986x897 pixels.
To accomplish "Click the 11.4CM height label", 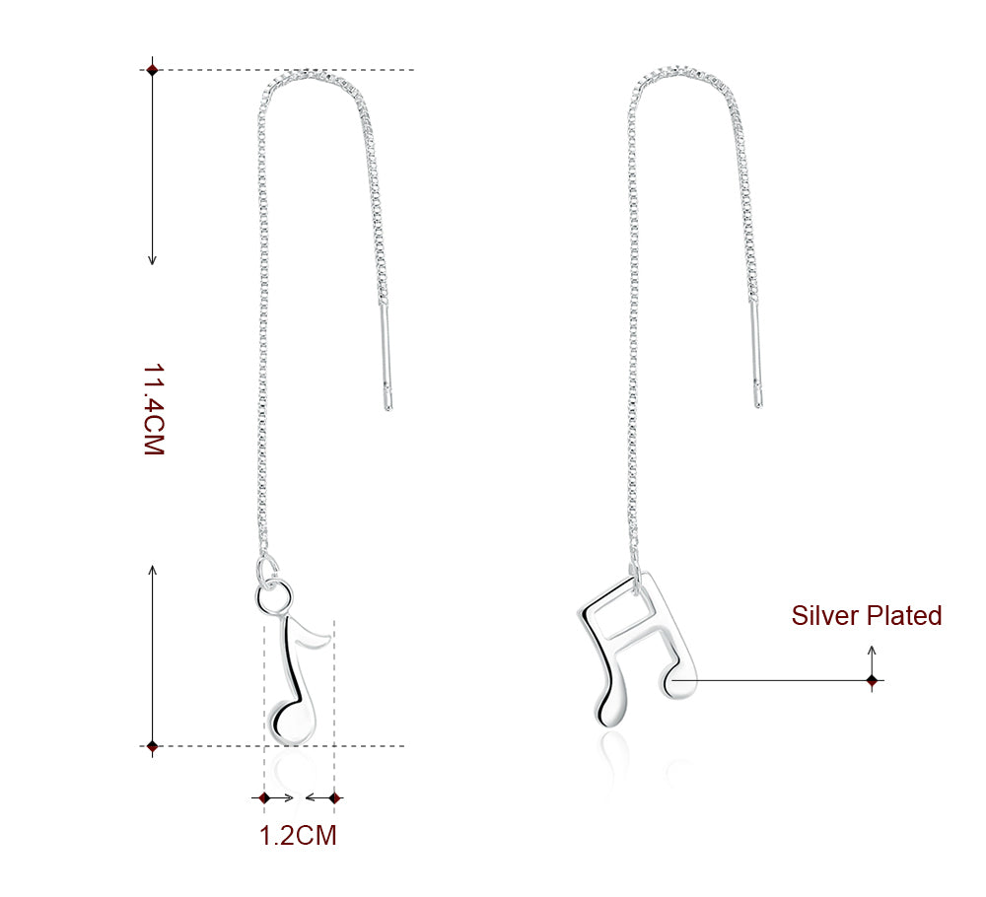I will [153, 409].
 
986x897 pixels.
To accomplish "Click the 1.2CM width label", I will [298, 836].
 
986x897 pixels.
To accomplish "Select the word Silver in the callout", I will [825, 616].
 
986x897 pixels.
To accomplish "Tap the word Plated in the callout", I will [904, 616].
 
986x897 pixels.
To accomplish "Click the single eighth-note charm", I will [295, 680].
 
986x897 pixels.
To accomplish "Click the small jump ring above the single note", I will [273, 595].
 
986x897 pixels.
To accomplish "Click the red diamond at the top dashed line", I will [152, 70].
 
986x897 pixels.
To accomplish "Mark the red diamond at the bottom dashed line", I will [152, 746].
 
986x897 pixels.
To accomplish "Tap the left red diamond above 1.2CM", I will [264, 796].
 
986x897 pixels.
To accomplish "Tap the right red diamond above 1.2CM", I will [334, 796].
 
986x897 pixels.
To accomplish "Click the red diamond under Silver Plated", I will [872, 680].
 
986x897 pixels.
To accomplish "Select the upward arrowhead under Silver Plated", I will [872, 650].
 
